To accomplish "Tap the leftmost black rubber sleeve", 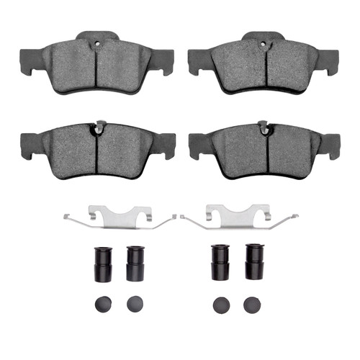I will [x=102, y=264].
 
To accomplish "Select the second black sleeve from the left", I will [x=135, y=264].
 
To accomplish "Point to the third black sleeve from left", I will [x=220, y=264].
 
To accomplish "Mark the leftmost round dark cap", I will [x=102, y=304].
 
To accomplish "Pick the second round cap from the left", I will [x=135, y=304].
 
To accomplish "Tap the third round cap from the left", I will [x=220, y=304].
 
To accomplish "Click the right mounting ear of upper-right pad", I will [x=328, y=61].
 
